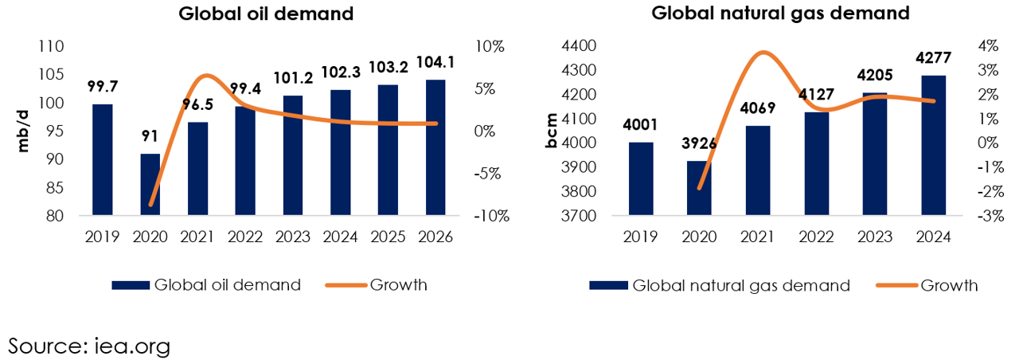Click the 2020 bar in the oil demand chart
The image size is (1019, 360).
[x=150, y=184]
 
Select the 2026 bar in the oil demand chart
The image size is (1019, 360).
[x=435, y=147]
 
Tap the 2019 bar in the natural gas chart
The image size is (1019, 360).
[x=641, y=178]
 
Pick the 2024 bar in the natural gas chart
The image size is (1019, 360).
[x=934, y=145]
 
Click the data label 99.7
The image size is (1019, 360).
[x=103, y=86]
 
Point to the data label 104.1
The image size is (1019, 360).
[x=435, y=62]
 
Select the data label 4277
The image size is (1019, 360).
[x=934, y=58]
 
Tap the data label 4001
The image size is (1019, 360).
[x=641, y=125]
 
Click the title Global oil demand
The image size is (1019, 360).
[x=266, y=14]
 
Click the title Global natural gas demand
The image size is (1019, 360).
[x=780, y=13]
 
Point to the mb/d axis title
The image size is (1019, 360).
[x=23, y=131]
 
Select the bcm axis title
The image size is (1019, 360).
[x=551, y=131]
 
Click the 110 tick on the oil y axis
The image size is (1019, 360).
[x=52, y=46]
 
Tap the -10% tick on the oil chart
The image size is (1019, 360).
[x=492, y=216]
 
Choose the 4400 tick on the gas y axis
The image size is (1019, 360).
[x=579, y=46]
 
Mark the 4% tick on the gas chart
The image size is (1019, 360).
[x=988, y=46]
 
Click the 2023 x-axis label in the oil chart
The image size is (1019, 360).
[x=292, y=237]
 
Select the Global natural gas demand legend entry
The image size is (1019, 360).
[x=720, y=285]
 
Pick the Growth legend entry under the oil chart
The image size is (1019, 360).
[x=377, y=285]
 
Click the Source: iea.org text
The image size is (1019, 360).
[x=89, y=346]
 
